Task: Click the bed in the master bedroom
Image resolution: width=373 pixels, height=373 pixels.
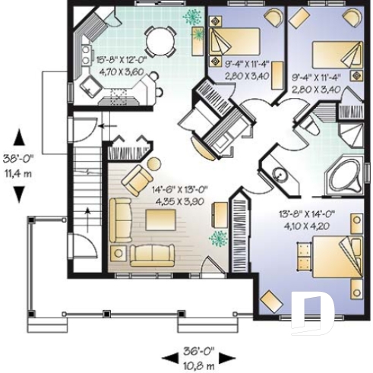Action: (x=333, y=258)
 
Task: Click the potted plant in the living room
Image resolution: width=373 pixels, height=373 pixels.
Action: (x=220, y=236)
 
